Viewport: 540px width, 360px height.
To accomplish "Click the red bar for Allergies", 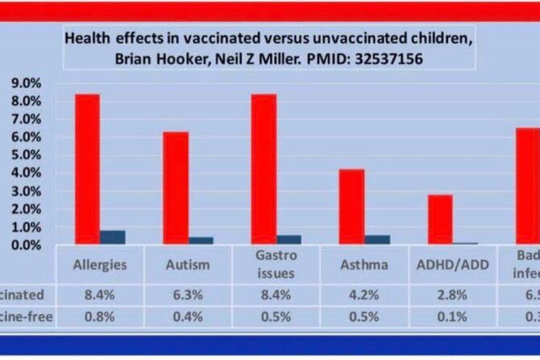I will (x=88, y=168).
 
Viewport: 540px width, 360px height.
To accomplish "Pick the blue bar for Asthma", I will (x=377, y=238).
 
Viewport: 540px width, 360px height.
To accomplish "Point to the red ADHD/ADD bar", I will (x=439, y=218).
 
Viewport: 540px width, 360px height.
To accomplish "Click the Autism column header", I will (x=189, y=264).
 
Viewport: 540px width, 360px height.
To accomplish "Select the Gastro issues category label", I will (x=276, y=263).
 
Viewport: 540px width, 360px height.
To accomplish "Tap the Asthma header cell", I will (x=364, y=264).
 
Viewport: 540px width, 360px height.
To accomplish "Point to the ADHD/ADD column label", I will (x=452, y=264).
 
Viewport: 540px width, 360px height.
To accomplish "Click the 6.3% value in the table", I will (x=189, y=295).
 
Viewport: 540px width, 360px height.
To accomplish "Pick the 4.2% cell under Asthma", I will (x=364, y=295).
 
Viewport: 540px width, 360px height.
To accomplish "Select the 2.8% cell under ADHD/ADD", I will (x=452, y=295).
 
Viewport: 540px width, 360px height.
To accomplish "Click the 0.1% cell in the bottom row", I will (x=452, y=317).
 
